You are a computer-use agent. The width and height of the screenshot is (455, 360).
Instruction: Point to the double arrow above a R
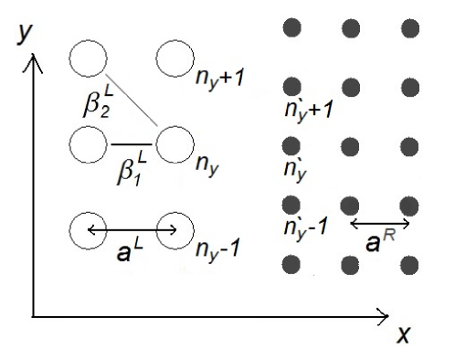click(x=378, y=222)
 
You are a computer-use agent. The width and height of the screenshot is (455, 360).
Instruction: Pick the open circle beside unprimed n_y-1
click(x=174, y=228)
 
